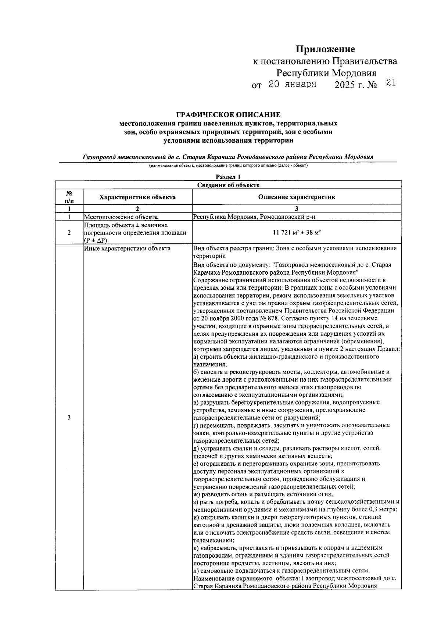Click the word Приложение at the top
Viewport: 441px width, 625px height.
point(326,49)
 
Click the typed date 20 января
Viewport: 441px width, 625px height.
point(293,84)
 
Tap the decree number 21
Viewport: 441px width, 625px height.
point(390,83)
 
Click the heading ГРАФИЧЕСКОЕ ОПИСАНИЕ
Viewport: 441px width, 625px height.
point(228,115)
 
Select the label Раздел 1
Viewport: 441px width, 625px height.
point(228,177)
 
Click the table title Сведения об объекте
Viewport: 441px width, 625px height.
point(228,185)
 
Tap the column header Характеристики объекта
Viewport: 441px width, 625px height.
point(137,197)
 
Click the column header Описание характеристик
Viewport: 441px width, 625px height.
point(296,197)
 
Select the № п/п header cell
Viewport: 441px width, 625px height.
point(69,197)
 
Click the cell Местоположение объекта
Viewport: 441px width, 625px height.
point(121,217)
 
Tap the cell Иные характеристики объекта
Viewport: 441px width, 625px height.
point(127,249)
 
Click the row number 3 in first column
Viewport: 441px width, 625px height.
point(69,417)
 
